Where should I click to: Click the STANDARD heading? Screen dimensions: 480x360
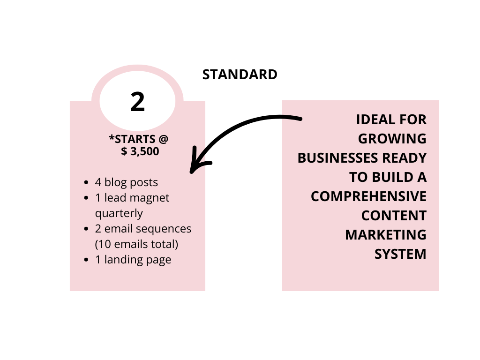coord(240,75)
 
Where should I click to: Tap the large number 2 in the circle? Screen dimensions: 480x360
coord(137,102)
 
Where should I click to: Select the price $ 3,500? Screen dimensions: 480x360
coord(140,151)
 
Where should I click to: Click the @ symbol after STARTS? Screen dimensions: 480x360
coord(164,139)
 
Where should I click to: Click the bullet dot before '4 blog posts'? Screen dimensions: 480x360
coord(86,183)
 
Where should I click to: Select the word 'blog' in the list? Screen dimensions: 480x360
coord(115,182)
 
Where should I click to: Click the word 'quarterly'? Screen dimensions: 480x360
coord(119,213)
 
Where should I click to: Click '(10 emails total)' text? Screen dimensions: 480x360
coord(136,244)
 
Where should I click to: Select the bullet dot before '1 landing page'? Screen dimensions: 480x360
coord(86,260)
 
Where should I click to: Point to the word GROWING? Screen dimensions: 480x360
coord(392,139)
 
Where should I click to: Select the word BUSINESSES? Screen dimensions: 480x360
coord(338,158)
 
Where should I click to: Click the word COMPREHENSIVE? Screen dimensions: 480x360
coord(368,196)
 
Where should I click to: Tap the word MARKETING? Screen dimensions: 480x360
coord(386,235)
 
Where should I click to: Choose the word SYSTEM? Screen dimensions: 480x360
coord(400,255)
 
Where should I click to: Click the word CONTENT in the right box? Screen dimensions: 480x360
coord(394,216)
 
